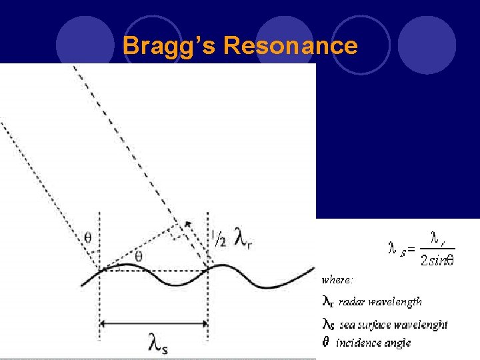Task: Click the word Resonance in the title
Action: point(291,46)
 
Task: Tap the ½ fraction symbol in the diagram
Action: point(218,239)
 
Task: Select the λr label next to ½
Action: point(243,237)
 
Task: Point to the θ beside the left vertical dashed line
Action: point(87,237)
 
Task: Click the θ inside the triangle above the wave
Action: point(138,256)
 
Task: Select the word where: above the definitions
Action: point(337,279)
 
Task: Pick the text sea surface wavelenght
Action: point(393,325)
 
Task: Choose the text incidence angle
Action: point(373,343)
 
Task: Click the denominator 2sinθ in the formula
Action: point(437,260)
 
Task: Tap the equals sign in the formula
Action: point(411,249)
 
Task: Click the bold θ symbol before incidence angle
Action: point(326,343)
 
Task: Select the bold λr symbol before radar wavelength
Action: point(328,302)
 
